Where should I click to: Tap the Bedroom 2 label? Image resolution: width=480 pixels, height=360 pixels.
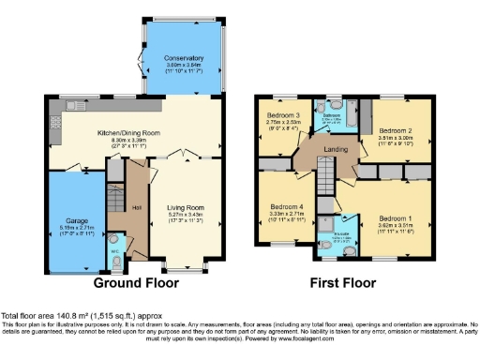tap(396, 131)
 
